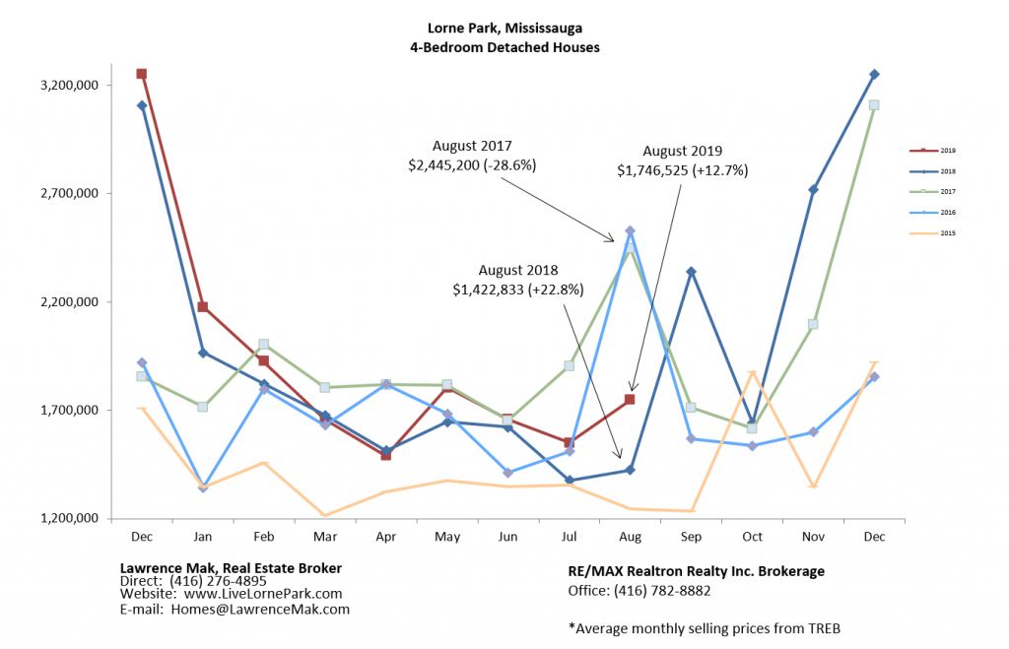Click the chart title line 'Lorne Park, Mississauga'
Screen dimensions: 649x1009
(504, 28)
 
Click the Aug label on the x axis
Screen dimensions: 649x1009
(630, 537)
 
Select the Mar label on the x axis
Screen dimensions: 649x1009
(324, 537)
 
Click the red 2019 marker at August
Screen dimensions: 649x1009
(630, 399)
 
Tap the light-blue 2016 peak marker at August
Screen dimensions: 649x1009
(630, 230)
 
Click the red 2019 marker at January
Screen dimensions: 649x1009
(202, 307)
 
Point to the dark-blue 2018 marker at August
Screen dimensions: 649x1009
(630, 470)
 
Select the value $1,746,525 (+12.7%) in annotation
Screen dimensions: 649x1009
(683, 170)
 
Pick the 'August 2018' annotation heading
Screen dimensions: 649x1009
(518, 270)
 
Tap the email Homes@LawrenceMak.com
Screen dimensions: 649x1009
(261, 609)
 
